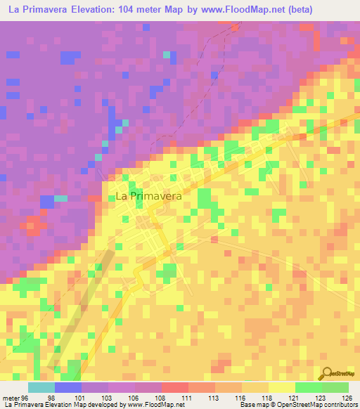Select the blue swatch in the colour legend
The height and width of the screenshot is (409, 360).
point(67,388)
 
